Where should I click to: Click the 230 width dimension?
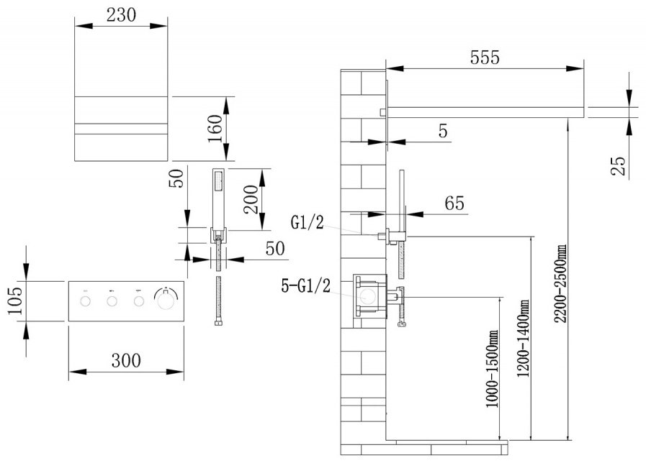[121, 15]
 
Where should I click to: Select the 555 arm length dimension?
[485, 58]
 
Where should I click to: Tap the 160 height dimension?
[215, 128]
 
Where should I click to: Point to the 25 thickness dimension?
[618, 165]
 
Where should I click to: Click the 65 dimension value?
[454, 203]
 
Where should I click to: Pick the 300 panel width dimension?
[126, 361]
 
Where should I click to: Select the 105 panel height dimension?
[15, 301]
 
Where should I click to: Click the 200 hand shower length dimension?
[250, 199]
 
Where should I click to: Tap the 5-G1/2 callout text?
[305, 285]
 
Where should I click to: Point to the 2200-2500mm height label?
[560, 283]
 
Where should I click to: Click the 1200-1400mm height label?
[524, 339]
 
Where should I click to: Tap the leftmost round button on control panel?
[85, 301]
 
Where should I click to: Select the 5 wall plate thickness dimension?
[443, 131]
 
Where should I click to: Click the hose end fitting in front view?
[218, 322]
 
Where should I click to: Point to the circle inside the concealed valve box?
[367, 296]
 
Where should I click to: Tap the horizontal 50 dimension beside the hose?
[275, 248]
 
